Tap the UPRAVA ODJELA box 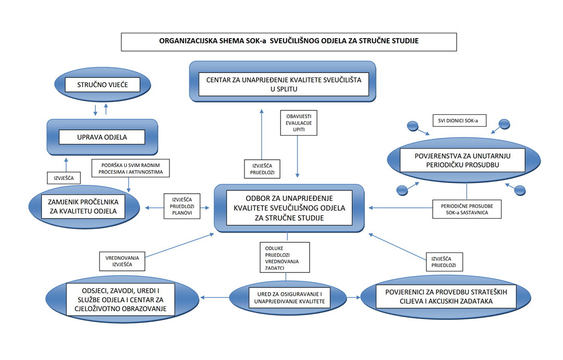pos(101,137)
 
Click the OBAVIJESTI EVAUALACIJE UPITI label pos(298,122)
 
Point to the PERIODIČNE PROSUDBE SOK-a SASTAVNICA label pos(467,209)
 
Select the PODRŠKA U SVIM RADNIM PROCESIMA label pos(130,168)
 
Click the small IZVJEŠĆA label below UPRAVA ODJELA pos(64,178)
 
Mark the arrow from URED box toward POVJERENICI pos(352,298)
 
